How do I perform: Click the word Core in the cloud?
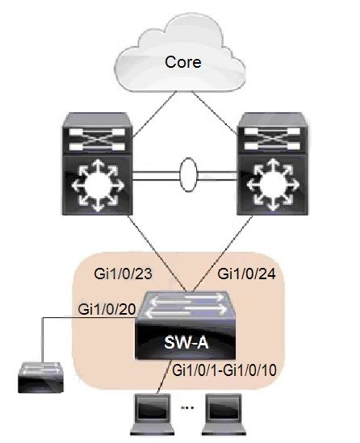(183, 62)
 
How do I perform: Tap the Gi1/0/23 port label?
(123, 274)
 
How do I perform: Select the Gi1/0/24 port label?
(247, 274)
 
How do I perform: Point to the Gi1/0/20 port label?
(107, 309)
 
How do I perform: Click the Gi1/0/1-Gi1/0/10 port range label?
(224, 370)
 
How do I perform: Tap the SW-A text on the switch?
(186, 343)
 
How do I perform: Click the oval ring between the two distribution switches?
(188, 174)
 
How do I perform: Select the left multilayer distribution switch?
(98, 164)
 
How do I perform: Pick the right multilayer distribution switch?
(272, 164)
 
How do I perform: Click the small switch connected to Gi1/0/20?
(40, 377)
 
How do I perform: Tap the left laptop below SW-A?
(152, 414)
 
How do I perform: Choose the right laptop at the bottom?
(224, 414)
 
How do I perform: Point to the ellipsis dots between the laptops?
(187, 407)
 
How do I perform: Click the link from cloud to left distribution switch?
(154, 115)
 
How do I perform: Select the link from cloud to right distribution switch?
(215, 112)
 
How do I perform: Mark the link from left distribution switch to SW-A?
(157, 253)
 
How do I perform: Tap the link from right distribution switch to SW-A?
(222, 253)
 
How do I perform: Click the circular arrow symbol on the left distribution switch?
(98, 186)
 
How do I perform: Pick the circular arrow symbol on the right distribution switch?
(272, 186)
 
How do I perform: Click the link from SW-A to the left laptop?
(165, 376)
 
